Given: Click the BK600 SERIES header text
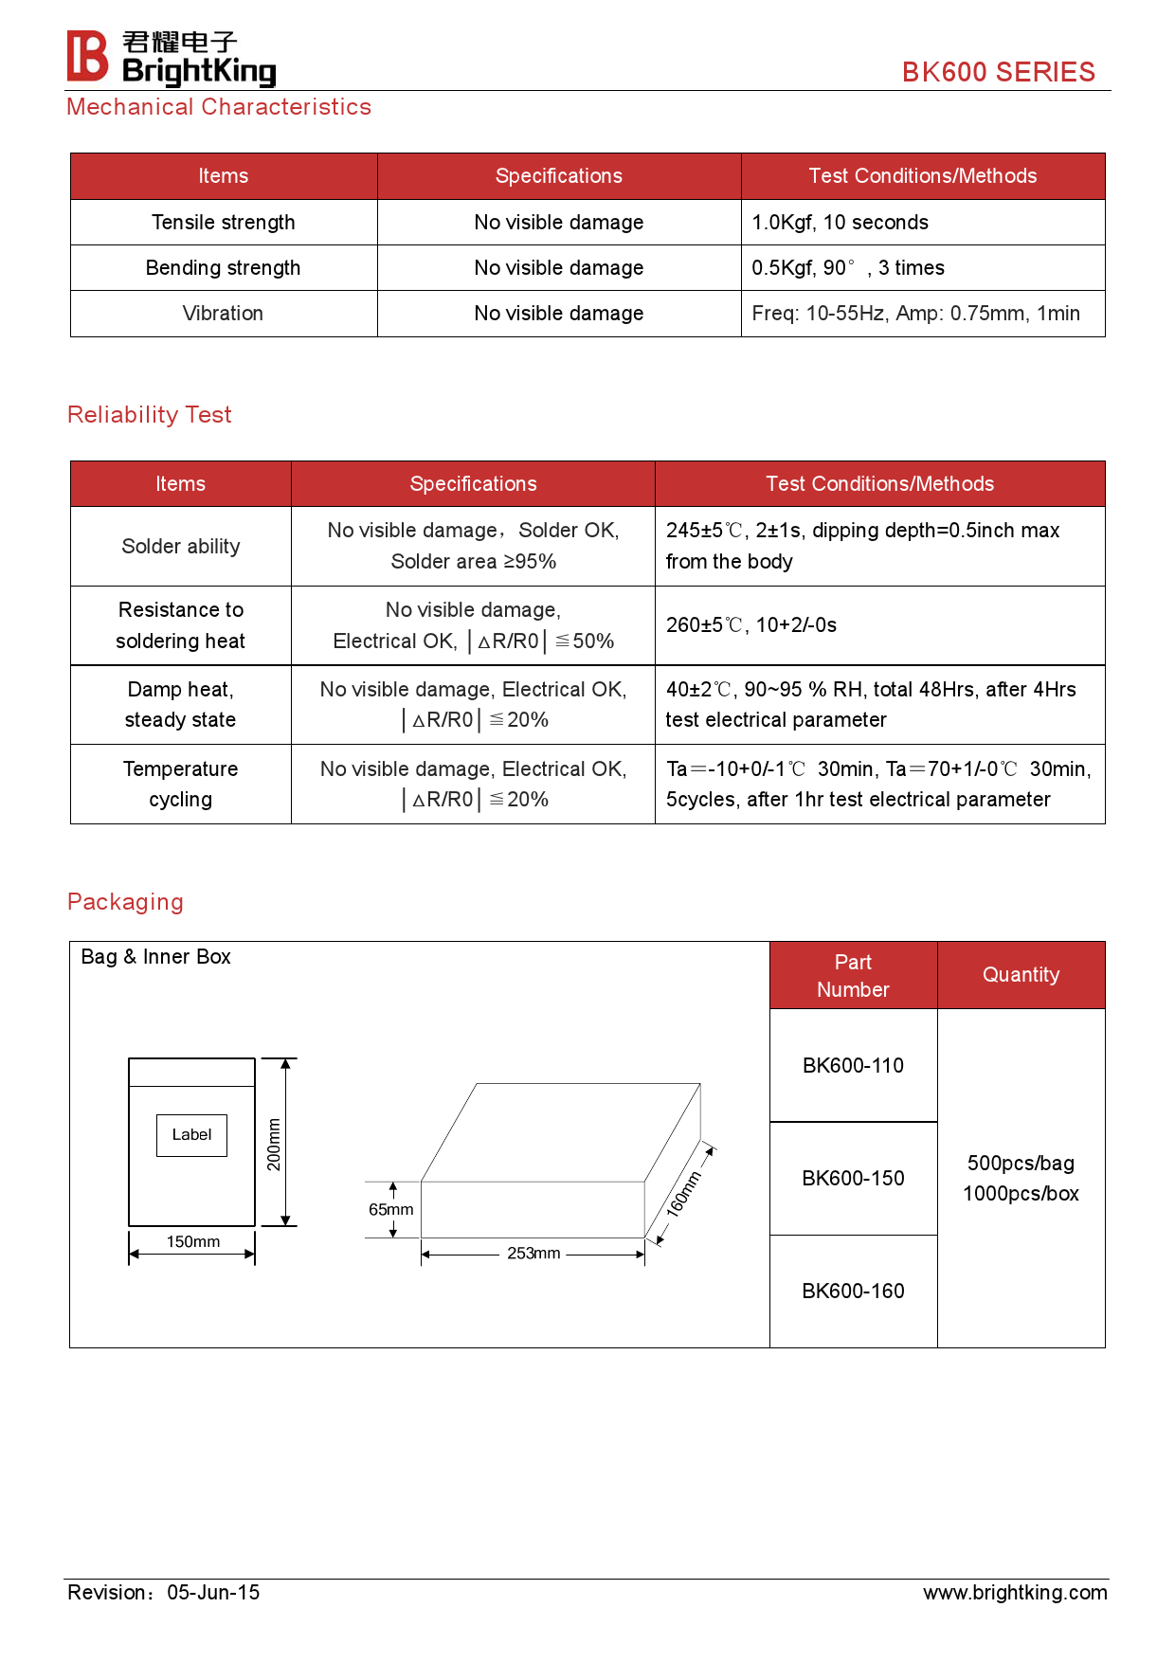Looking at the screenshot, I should coord(998,72).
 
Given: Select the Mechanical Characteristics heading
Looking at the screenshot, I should coord(219,107).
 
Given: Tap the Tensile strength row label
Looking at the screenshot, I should coord(224,223).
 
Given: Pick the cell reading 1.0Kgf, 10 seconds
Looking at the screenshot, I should coord(840,223).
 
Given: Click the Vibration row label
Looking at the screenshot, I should coord(224,314).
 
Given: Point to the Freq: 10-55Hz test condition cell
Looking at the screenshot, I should coord(915,314).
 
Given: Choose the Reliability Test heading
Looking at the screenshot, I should coord(150,415).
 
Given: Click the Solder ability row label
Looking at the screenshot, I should coord(181,547).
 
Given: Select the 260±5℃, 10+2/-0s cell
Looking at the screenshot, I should coord(751,625).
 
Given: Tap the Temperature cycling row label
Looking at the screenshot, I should coord(181,785).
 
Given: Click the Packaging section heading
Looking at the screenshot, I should coord(125,902).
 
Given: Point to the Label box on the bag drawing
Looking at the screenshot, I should coord(191,1135).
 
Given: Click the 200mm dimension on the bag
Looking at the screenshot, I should coord(274,1144).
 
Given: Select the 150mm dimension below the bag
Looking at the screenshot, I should coord(193,1242).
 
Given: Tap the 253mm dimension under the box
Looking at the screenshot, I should coord(533,1254).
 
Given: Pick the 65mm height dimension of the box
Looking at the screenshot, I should coord(390,1210).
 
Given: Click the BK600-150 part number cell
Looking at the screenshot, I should coord(853,1179).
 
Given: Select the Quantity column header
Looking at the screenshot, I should coord(1021,975).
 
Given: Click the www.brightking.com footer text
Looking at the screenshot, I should coord(1015,1593).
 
